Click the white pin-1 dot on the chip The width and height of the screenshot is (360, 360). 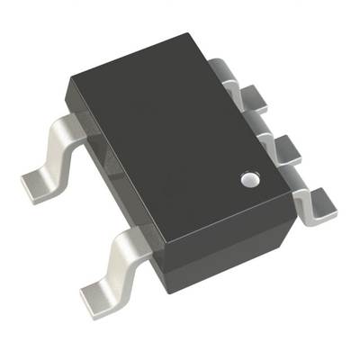coord(248,180)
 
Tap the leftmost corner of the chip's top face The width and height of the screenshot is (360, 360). coord(67,83)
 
